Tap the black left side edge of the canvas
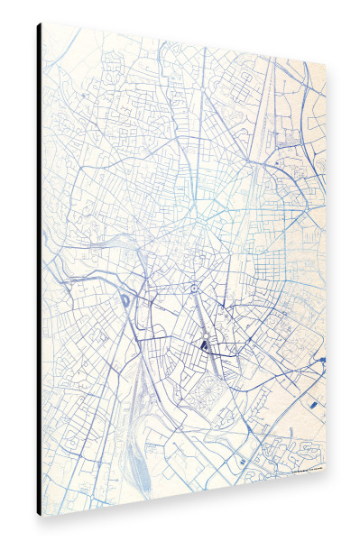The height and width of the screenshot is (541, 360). click(39, 270)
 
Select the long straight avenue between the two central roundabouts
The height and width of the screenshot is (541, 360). click(198, 312)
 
